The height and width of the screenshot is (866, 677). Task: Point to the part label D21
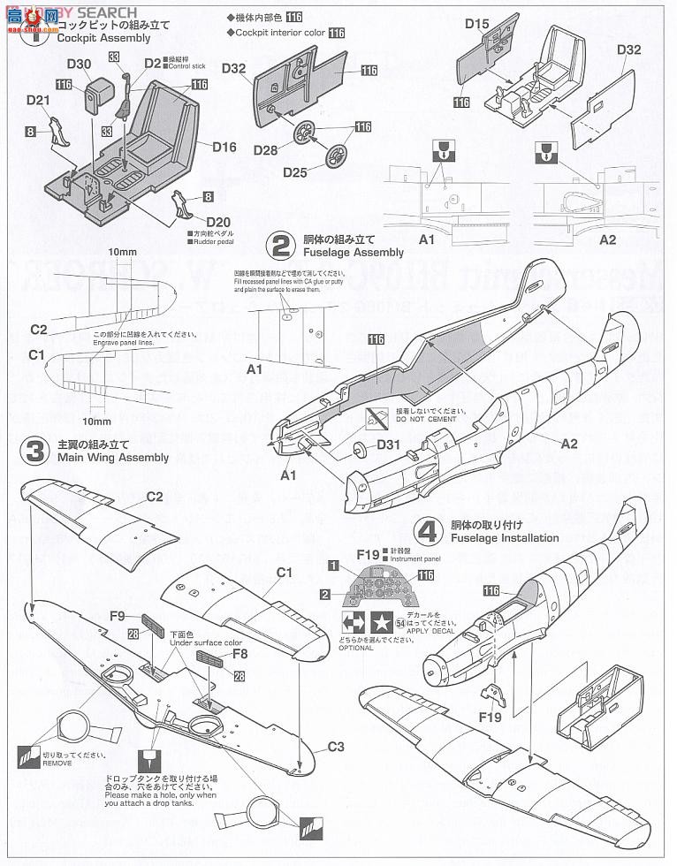tap(37, 102)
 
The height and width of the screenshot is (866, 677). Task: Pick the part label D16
tap(224, 147)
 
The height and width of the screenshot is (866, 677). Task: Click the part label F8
tap(240, 654)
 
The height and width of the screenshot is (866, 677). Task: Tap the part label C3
tap(335, 746)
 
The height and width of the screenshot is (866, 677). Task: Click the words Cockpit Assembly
tap(94, 39)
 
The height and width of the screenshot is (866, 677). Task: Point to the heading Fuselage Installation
tap(504, 537)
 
